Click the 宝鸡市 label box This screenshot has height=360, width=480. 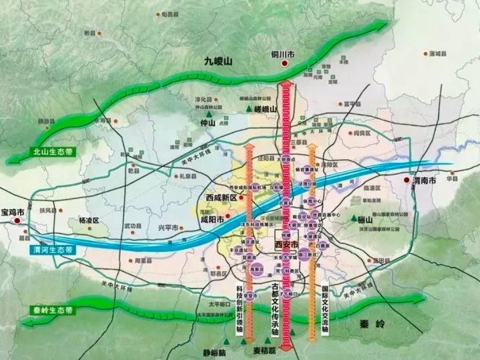pyautogui.click(x=13, y=212)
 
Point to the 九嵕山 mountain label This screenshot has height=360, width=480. pyautogui.click(x=218, y=60)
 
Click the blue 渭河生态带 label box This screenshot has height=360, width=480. pyautogui.click(x=53, y=249)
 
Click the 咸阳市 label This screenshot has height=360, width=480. pyautogui.click(x=212, y=220)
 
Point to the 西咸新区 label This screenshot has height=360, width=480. pyautogui.click(x=221, y=198)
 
